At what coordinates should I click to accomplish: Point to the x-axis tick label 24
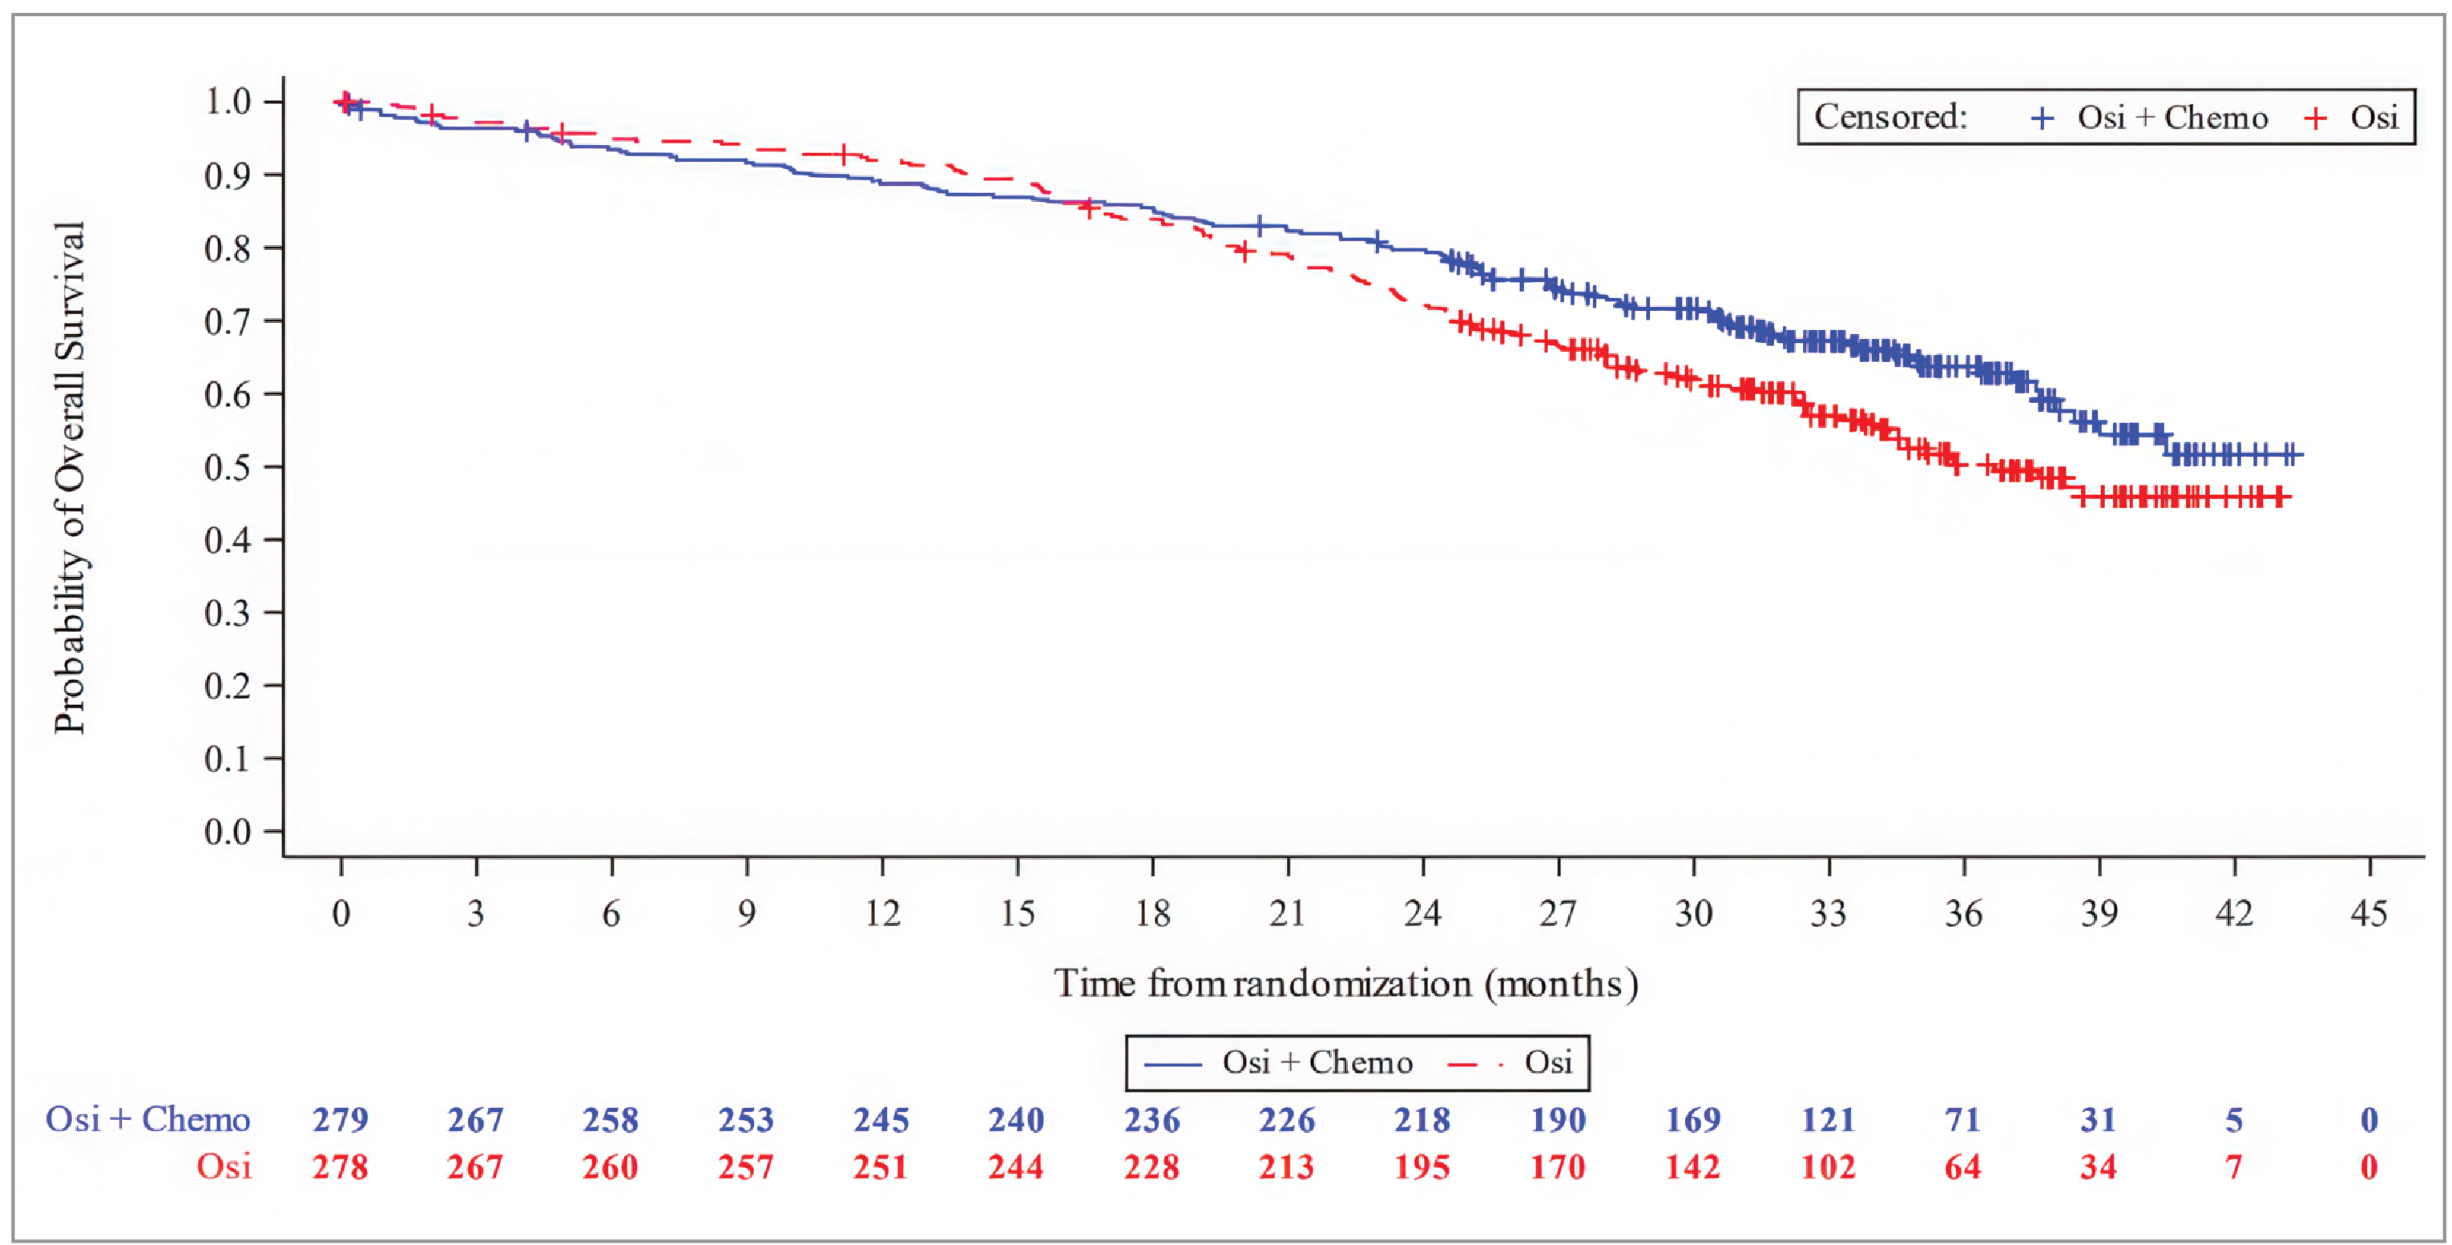point(1422,914)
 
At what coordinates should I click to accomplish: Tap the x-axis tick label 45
point(2369,914)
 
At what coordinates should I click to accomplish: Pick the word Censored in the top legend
point(1890,117)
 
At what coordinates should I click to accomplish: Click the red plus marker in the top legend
point(2315,118)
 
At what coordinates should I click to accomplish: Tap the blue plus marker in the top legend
point(2043,118)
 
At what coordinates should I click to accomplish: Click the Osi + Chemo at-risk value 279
point(341,1120)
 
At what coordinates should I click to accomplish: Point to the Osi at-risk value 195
point(1422,1167)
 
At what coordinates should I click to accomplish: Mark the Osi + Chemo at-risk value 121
point(1828,1120)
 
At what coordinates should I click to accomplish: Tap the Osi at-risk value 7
point(2234,1167)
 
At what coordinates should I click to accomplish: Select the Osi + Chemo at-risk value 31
point(2098,1120)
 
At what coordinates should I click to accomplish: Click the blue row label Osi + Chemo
point(147,1119)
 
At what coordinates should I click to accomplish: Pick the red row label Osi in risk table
point(224,1167)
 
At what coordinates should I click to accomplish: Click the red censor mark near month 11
point(843,154)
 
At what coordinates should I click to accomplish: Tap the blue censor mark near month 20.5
point(1260,226)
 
